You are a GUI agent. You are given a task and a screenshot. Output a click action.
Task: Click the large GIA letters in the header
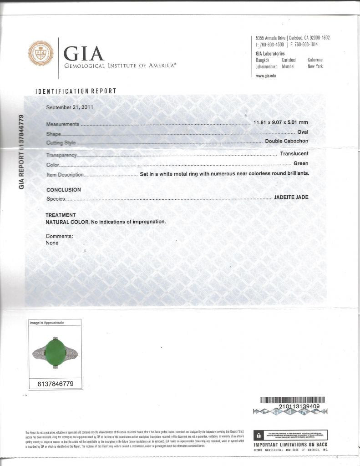click(x=84, y=54)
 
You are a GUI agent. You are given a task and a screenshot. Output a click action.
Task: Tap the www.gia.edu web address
click(x=267, y=76)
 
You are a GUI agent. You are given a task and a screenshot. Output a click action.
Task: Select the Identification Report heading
click(x=76, y=91)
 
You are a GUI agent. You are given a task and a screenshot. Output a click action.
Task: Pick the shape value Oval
click(x=303, y=132)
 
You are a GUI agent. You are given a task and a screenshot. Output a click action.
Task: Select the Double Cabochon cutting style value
click(x=287, y=141)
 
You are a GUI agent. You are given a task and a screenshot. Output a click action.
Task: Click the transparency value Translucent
click(x=294, y=154)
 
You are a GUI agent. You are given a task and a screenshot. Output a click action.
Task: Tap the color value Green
click(x=301, y=163)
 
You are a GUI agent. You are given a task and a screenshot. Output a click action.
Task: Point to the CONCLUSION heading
click(x=64, y=190)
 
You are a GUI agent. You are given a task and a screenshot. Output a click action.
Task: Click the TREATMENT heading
click(x=61, y=215)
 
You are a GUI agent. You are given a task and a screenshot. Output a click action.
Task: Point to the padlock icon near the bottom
click(x=259, y=436)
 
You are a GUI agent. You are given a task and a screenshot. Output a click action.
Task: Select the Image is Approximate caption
click(x=47, y=323)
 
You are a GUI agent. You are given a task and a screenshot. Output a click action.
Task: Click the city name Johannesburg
click(x=267, y=66)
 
